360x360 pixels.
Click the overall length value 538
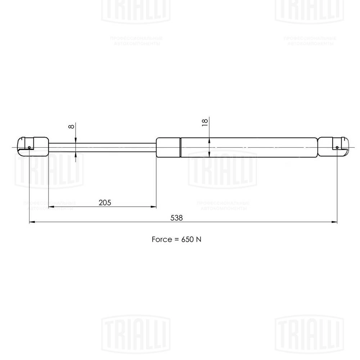[177, 218]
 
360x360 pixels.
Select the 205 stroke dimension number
[104, 202]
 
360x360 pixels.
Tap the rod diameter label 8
[71, 127]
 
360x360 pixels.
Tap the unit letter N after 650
[198, 239]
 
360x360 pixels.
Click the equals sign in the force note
[175, 239]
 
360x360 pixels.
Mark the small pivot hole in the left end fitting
[29, 147]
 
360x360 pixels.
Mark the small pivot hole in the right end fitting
[337, 147]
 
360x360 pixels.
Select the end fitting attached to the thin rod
[33, 146]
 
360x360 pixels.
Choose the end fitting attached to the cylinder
[333, 147]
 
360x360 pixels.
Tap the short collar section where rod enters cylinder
[168, 147]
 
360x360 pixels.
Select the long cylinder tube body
[248, 147]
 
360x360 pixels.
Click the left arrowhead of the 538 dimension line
[31, 222]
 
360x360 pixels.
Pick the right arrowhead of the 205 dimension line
[154, 207]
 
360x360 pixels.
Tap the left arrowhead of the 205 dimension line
[51, 207]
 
